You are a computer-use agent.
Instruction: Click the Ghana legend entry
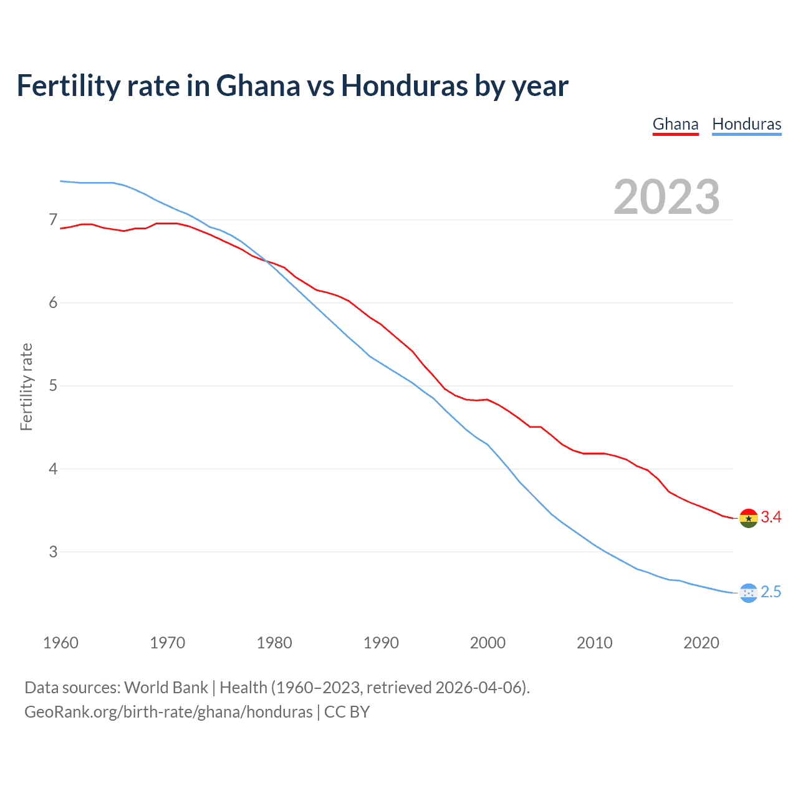675,124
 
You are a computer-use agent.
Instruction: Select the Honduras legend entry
746,124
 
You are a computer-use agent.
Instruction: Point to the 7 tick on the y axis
53,220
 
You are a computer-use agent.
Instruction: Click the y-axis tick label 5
53,386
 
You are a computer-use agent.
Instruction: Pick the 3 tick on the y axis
53,552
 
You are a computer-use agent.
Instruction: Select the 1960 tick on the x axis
60,643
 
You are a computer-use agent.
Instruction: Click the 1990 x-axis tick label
381,643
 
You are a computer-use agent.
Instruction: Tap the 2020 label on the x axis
701,643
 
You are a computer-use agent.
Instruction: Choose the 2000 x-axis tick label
488,643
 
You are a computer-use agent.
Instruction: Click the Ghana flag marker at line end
748,518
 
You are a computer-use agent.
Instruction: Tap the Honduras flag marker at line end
748,593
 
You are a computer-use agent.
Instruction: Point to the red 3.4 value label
771,517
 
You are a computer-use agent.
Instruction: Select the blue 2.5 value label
771,592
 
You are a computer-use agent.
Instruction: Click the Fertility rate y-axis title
26,387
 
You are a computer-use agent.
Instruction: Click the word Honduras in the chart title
404,86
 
